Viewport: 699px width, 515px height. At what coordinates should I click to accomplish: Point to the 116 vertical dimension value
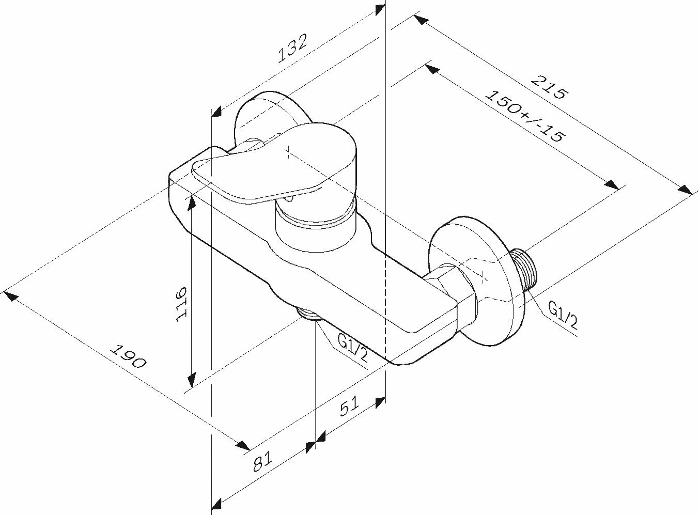click(x=181, y=303)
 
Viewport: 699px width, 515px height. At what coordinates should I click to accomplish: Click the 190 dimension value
click(x=129, y=356)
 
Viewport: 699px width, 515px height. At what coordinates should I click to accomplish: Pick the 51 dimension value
click(x=350, y=408)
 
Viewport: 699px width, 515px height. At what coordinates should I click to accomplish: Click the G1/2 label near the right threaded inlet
click(x=563, y=316)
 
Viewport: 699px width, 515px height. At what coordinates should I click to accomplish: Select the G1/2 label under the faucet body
click(x=352, y=348)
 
